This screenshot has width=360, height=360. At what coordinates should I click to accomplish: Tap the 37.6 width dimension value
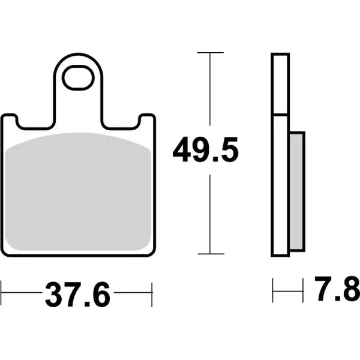pos(76,295)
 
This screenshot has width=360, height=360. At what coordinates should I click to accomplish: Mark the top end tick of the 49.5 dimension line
pos(209,53)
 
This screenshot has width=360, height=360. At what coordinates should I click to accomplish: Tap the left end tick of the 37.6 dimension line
pos(2,295)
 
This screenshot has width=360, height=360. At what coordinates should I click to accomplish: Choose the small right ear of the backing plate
pos(145,121)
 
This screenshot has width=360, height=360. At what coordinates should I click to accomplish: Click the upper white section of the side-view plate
pos(279,84)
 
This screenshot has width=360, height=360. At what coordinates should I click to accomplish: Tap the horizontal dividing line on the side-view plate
pos(279,114)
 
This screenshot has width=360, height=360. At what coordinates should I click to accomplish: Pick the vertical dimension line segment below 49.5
pos(209,210)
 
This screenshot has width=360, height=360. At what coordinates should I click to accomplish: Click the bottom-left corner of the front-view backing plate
pos(5,255)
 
